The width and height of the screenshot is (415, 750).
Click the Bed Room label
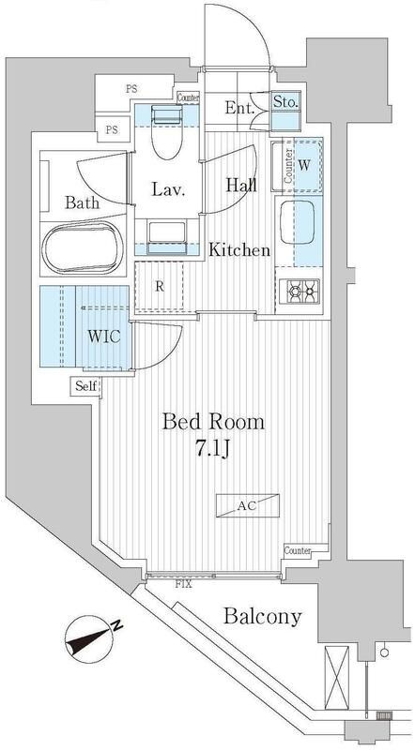213,421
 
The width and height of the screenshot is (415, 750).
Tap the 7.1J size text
214,451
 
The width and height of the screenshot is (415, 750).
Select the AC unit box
246,505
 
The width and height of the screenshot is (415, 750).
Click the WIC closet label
103,337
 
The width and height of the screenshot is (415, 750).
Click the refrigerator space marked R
160,288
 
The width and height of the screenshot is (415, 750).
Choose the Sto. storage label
285,103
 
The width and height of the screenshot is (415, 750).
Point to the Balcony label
263,616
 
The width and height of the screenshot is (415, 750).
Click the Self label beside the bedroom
85,385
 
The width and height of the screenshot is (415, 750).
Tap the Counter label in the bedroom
298,550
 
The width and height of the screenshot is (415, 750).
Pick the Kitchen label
239,250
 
